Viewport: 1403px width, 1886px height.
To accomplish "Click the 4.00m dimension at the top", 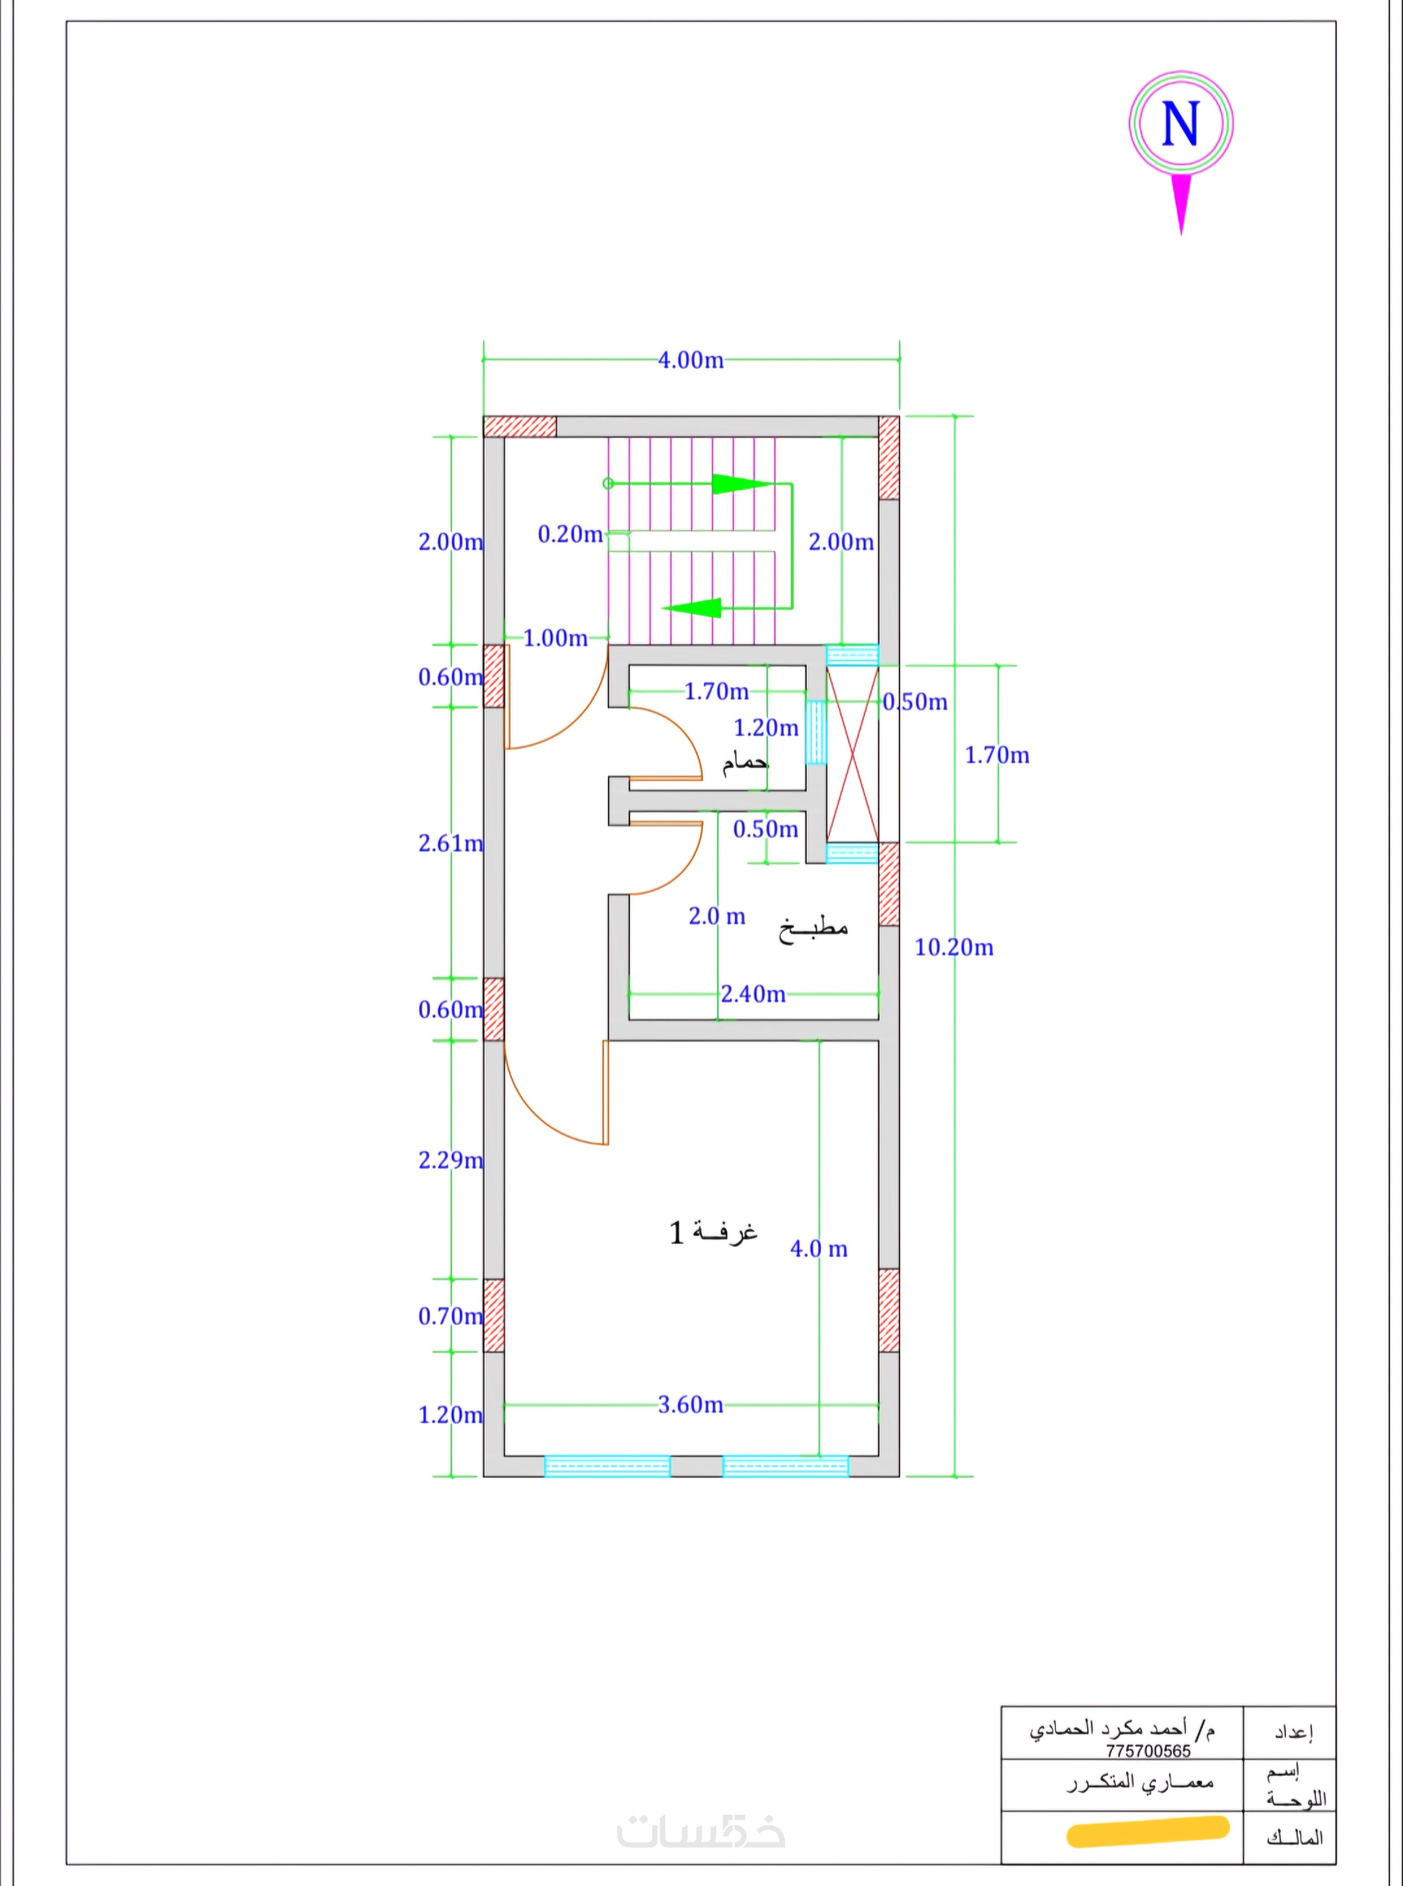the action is tap(691, 360).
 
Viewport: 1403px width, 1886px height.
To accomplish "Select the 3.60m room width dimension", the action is tap(691, 1405).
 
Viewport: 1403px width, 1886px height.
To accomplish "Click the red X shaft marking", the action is tap(853, 754).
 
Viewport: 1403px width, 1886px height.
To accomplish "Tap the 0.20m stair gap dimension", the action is tap(570, 534).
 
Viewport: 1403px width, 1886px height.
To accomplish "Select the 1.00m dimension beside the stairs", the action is tap(556, 638).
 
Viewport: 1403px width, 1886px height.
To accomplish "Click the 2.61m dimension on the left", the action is tap(450, 843).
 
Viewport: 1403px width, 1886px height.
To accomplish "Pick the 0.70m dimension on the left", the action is tap(450, 1316).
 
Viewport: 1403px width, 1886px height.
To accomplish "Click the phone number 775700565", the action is tap(1148, 1751).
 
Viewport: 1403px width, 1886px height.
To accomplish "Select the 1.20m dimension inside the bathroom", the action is tap(766, 728).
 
